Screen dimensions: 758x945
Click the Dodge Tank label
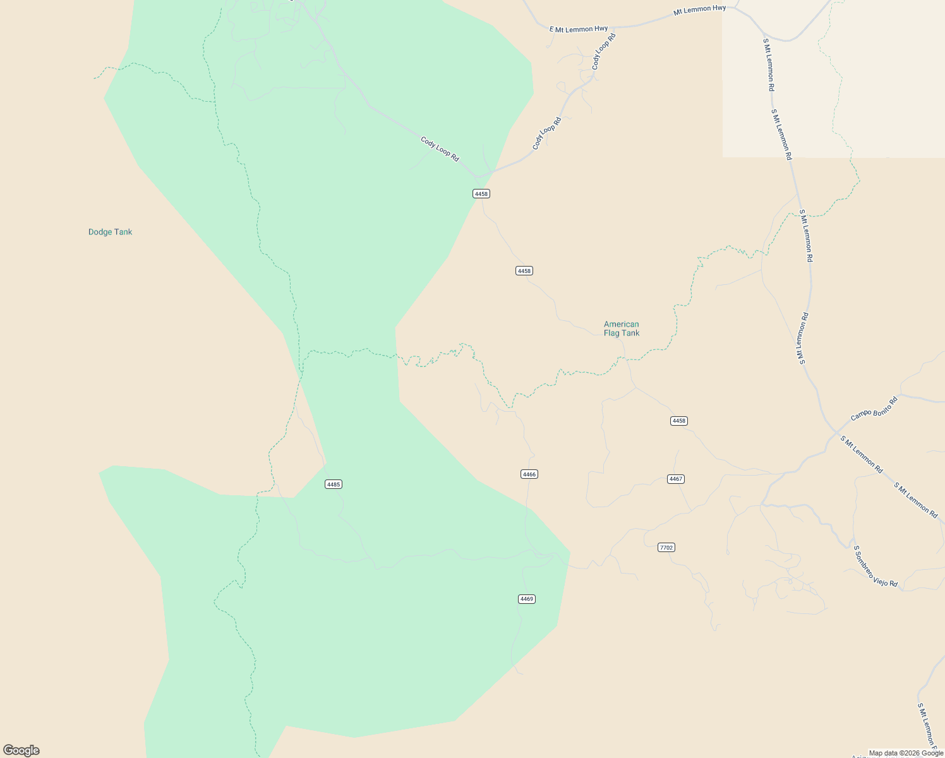pos(110,232)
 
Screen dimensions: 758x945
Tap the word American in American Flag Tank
pos(621,324)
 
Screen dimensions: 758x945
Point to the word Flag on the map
pos(612,333)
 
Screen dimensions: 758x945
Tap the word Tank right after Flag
pos(630,333)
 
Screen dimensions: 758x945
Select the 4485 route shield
pos(333,484)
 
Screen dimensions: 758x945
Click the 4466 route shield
pos(529,474)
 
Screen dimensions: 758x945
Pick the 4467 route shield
pos(676,479)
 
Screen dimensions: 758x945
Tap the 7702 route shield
pos(666,548)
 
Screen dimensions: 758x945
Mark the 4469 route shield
pos(527,599)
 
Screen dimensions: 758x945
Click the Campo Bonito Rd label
pos(874,409)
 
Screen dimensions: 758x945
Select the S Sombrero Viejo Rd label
pos(875,567)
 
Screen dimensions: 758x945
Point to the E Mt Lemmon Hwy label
pos(579,28)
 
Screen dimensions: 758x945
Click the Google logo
pos(21,750)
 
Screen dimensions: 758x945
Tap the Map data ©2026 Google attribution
pos(906,753)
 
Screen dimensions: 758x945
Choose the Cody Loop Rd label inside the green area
pos(440,149)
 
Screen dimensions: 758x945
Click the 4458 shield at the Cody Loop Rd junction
pos(481,194)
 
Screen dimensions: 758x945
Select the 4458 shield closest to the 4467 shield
pos(678,421)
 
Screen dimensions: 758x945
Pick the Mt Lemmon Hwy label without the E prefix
pos(699,9)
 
